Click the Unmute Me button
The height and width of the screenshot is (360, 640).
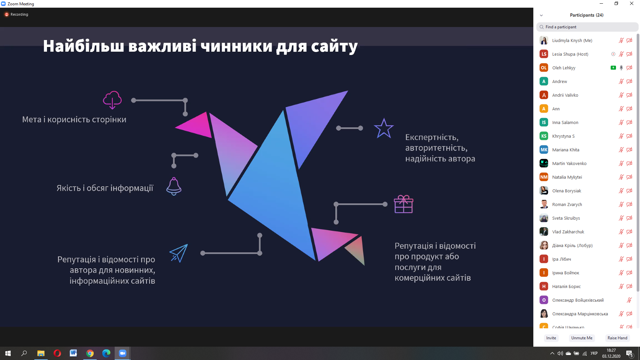click(x=582, y=338)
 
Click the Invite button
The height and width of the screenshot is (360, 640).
click(x=551, y=338)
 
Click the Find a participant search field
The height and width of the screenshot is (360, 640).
click(x=587, y=27)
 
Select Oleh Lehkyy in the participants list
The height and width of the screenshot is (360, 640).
click(x=564, y=68)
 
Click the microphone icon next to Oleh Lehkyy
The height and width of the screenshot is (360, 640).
click(x=621, y=68)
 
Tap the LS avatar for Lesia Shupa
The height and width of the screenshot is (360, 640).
click(x=544, y=54)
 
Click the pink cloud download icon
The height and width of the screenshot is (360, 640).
click(x=112, y=100)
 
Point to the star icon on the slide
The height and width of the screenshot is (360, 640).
click(x=384, y=128)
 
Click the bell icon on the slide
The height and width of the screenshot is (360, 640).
click(x=174, y=186)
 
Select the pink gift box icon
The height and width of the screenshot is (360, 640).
click(x=403, y=204)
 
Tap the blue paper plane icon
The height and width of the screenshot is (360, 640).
click(x=179, y=253)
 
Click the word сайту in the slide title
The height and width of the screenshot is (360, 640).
click(x=334, y=46)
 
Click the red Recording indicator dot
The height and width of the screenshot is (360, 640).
click(x=6, y=14)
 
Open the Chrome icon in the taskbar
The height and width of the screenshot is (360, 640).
click(x=90, y=353)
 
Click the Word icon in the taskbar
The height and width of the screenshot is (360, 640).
click(x=73, y=353)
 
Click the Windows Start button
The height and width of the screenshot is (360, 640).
click(x=8, y=353)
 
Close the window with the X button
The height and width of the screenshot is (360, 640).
click(x=632, y=4)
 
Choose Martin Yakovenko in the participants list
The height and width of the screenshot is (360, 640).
click(x=569, y=164)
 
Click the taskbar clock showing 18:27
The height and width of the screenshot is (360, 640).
click(x=611, y=350)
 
